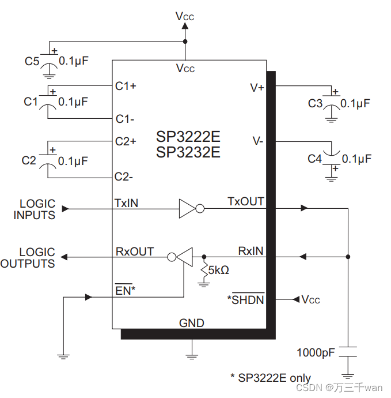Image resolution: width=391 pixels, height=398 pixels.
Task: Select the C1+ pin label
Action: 126,86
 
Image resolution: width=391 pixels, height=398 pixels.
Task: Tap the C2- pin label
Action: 125,177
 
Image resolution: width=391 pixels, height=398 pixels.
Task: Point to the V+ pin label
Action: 257,88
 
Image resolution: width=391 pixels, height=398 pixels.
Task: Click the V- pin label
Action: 258,141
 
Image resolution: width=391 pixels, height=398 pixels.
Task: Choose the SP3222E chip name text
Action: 188,138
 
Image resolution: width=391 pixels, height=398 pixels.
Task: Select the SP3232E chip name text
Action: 188,153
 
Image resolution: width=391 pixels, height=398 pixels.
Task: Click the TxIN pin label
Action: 126,203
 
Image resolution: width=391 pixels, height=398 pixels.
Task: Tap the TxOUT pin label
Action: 246,202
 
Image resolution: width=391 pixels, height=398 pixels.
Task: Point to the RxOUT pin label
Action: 135,251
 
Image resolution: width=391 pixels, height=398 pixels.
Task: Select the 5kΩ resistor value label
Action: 219,270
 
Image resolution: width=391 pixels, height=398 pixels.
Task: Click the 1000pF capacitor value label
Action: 316,352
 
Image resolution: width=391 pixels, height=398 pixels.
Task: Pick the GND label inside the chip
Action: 191,323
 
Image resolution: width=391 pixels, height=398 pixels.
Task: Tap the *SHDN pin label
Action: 246,299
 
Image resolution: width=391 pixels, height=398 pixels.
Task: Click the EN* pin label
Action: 125,291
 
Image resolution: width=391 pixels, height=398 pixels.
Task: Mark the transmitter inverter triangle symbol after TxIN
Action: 187,209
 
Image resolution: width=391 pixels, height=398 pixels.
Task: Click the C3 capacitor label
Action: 316,103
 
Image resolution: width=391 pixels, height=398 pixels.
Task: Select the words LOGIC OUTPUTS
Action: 29,258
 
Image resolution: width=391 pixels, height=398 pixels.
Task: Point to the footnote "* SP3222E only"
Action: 271,377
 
